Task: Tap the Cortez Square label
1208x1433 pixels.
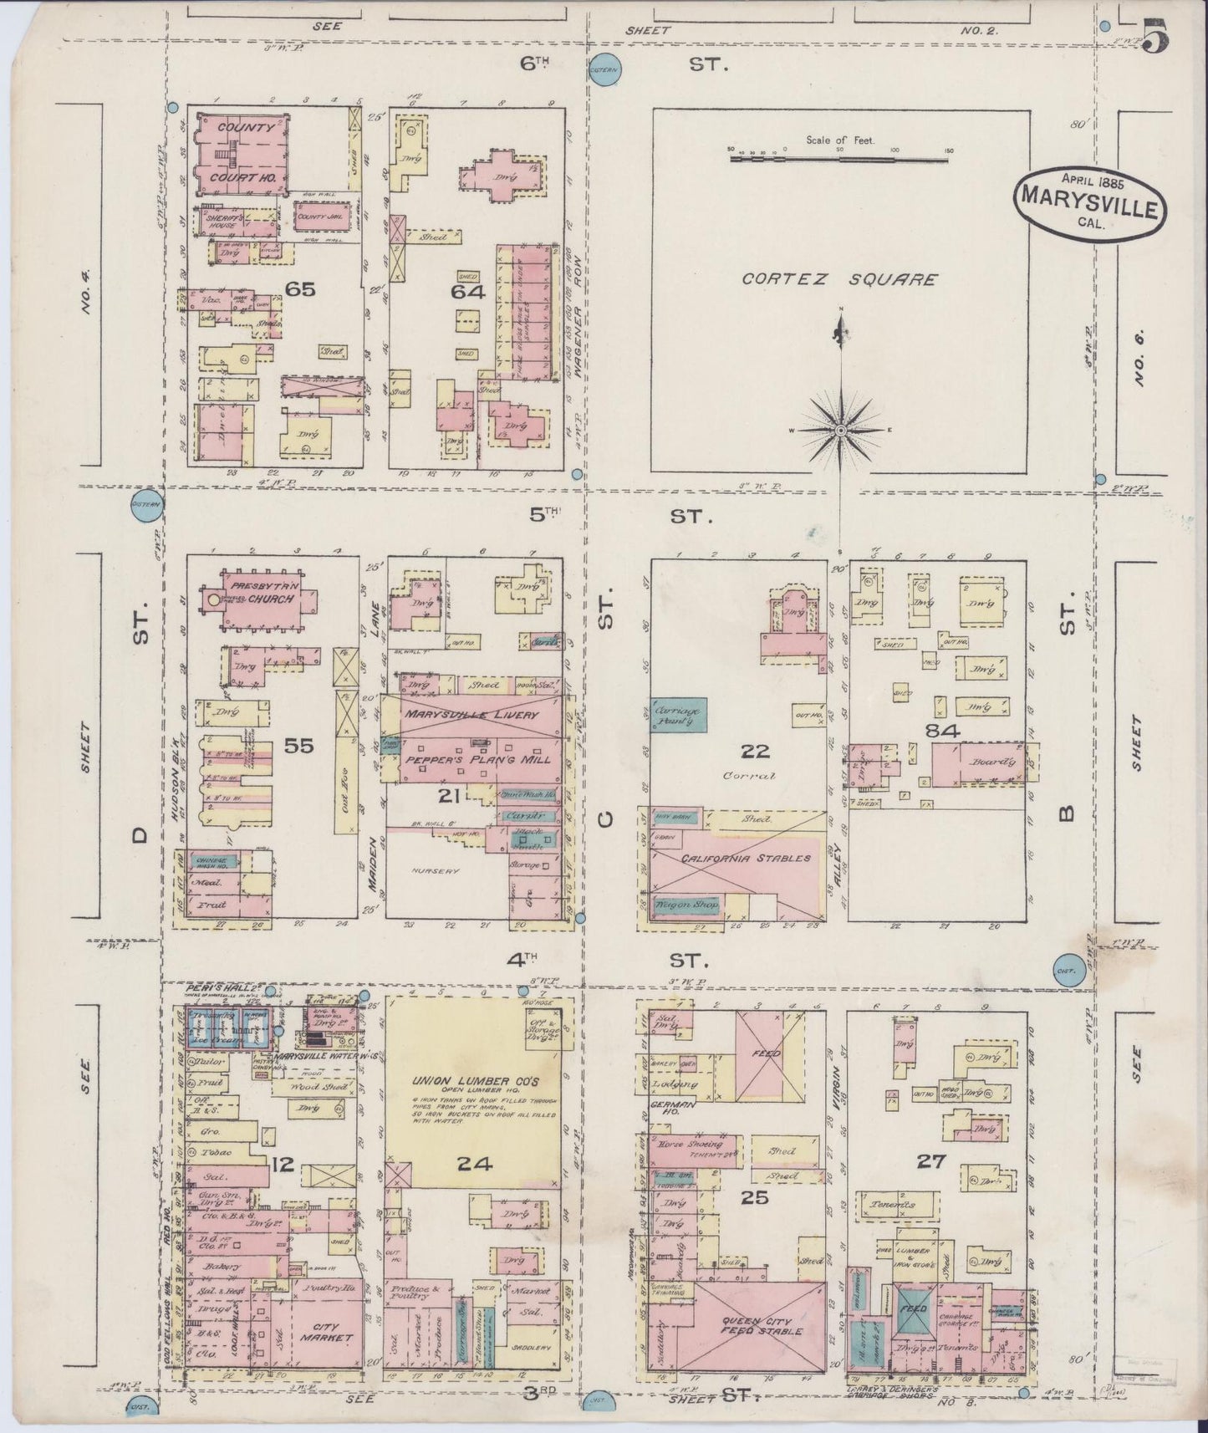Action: (x=839, y=280)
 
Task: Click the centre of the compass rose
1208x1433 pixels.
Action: (x=841, y=429)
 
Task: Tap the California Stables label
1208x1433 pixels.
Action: (x=734, y=859)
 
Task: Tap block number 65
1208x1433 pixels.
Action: (x=298, y=289)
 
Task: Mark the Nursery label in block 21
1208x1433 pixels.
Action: (x=436, y=870)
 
